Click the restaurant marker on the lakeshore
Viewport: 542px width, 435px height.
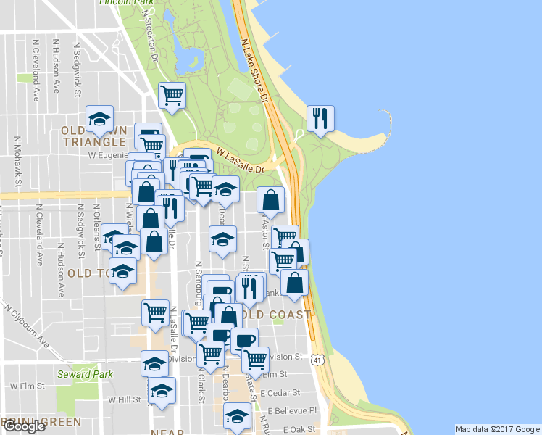coord(320,118)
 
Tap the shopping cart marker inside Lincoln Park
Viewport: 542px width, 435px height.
coord(172,95)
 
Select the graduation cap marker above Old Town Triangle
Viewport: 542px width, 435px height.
coord(99,118)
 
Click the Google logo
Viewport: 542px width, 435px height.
coord(24,426)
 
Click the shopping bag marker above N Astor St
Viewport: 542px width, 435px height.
coord(270,201)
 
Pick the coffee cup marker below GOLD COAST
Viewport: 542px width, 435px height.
coord(244,339)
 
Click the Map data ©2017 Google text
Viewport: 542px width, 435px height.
coord(497,429)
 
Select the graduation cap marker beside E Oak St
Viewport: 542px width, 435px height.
coord(237,415)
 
